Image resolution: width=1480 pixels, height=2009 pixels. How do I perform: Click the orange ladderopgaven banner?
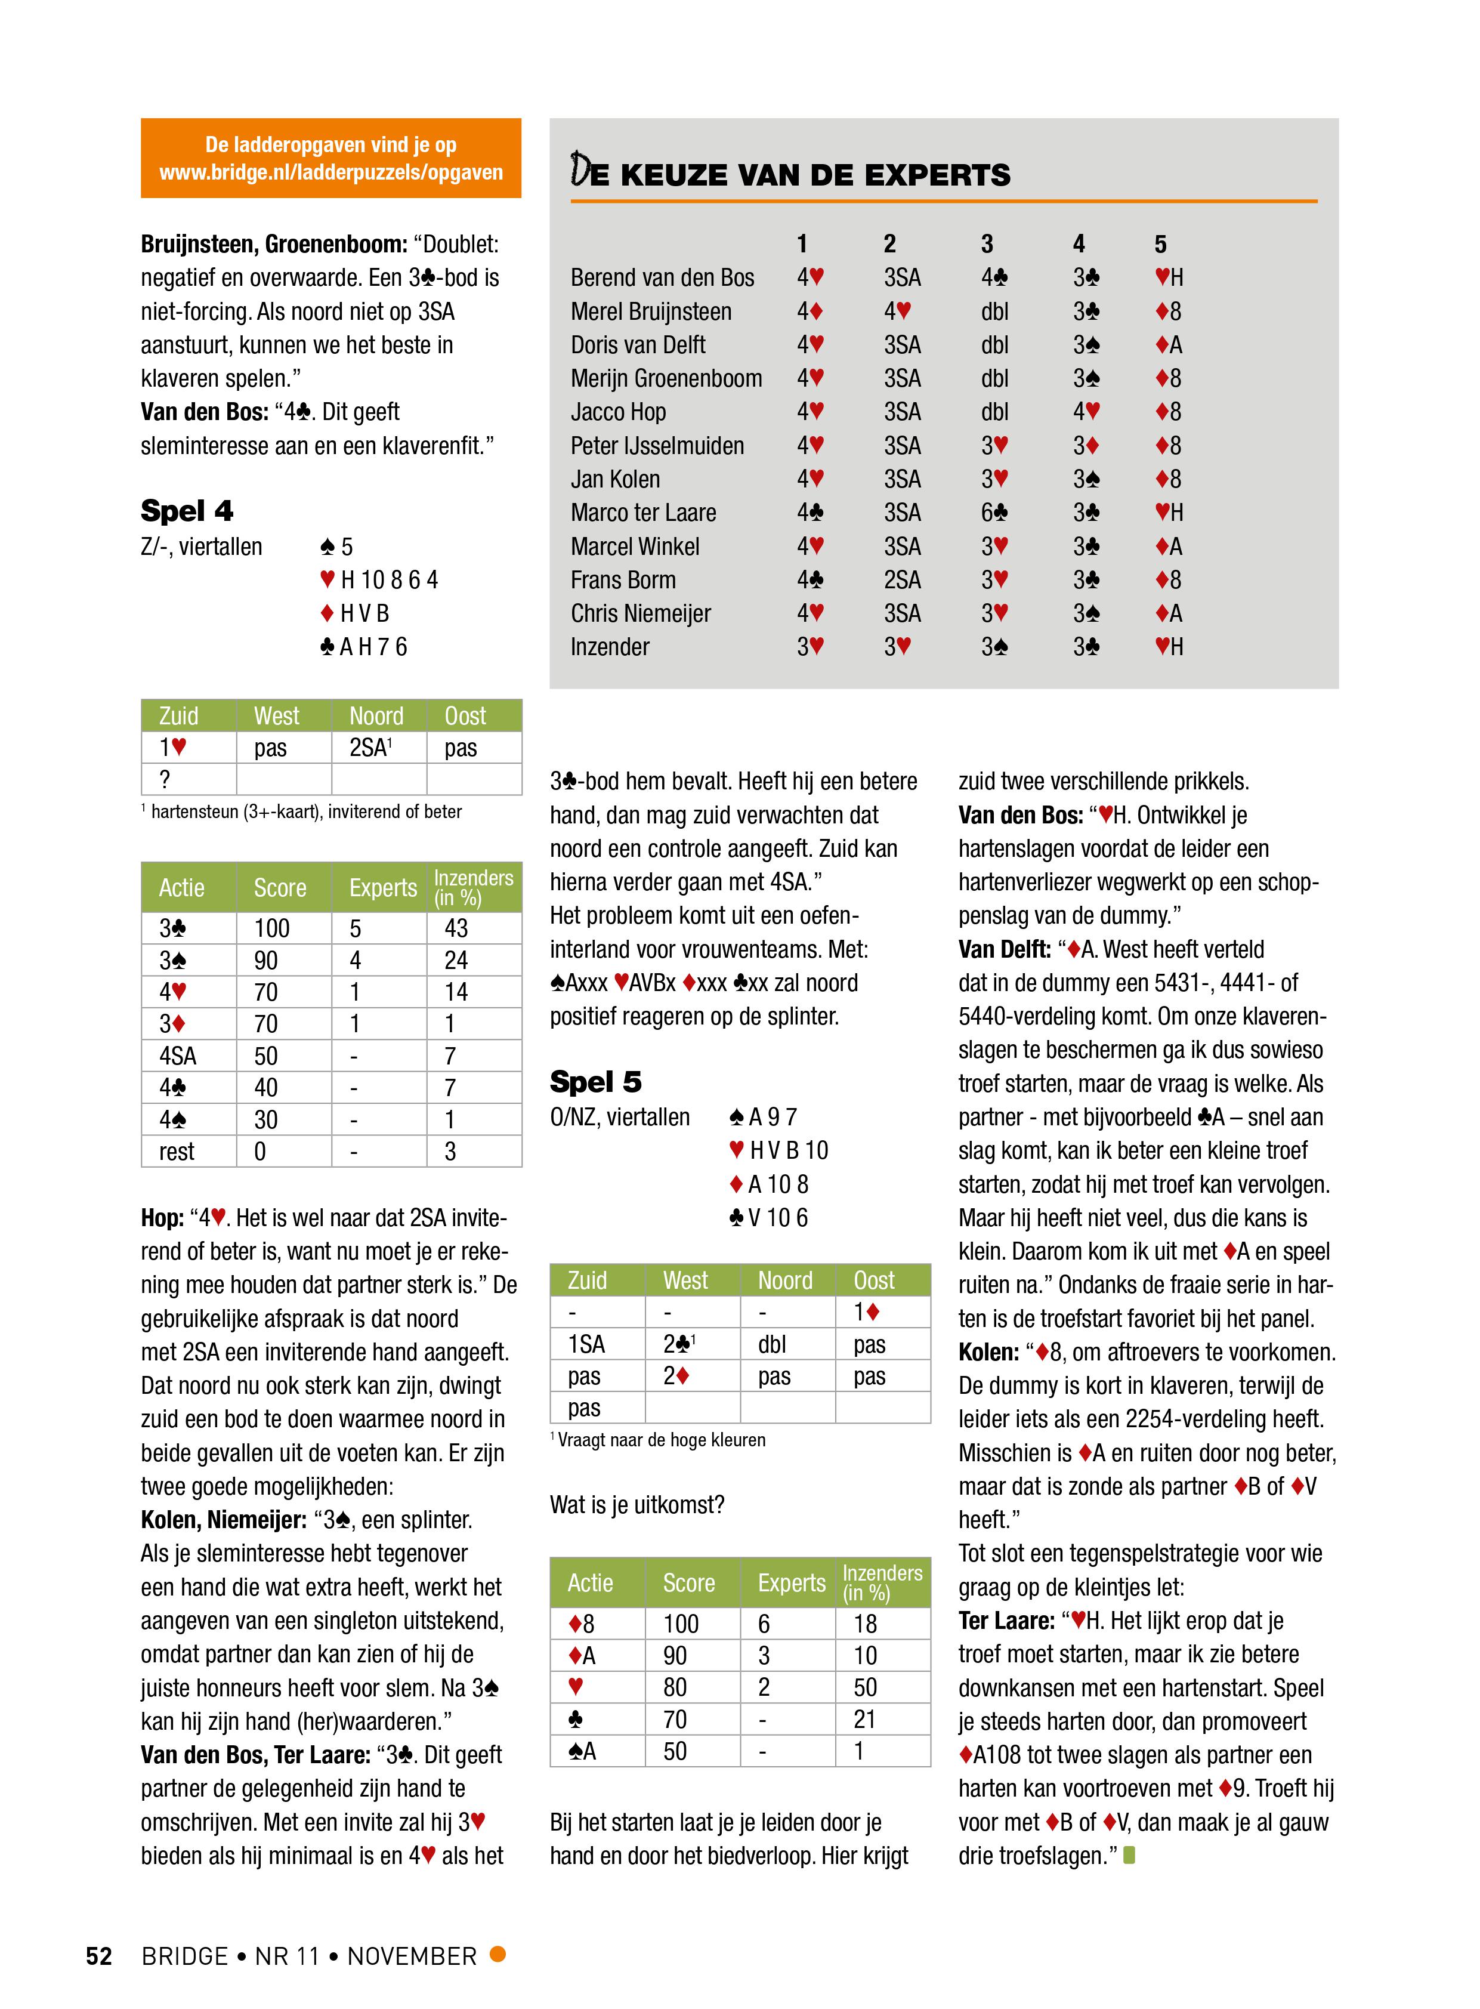tap(330, 158)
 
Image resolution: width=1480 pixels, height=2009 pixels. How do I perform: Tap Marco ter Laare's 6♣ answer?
tap(994, 513)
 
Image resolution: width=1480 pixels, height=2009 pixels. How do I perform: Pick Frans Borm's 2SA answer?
tap(901, 580)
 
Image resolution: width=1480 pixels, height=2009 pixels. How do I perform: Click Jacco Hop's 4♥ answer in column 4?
tap(1086, 412)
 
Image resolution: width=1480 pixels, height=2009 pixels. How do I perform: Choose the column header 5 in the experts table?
tap(1160, 243)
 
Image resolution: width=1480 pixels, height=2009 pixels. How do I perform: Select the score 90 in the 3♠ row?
tap(266, 961)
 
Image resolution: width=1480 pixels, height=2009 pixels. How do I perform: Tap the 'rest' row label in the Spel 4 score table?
tap(177, 1152)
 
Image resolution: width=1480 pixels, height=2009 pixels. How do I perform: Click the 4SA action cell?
tap(177, 1056)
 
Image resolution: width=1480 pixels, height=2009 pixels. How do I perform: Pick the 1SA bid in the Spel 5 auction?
tap(587, 1344)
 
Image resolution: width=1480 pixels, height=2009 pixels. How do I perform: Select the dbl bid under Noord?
tap(773, 1344)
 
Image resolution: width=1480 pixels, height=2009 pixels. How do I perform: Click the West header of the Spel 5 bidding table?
tap(685, 1280)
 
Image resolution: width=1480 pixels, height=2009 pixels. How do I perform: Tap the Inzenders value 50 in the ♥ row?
tap(866, 1687)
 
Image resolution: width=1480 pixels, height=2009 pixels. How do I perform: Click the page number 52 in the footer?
tap(98, 1955)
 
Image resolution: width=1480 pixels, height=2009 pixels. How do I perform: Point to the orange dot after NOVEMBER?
tap(498, 1954)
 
